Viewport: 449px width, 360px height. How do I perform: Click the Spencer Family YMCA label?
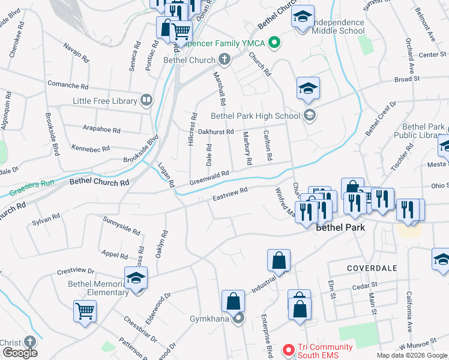(224, 43)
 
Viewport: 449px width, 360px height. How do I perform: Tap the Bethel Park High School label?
(255, 116)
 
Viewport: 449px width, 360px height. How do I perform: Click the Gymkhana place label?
(209, 318)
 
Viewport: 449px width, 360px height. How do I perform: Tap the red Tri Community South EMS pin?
(289, 349)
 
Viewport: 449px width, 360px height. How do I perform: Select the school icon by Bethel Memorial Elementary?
(136, 278)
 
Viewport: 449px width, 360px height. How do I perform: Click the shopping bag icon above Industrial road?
(279, 260)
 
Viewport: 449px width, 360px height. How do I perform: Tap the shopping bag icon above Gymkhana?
(233, 301)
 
